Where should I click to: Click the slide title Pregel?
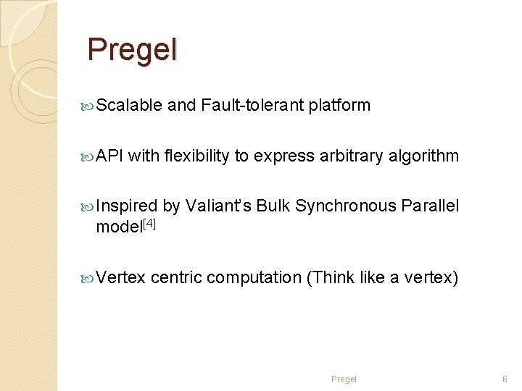(132, 50)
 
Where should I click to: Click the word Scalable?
(129, 106)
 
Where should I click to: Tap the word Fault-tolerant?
(252, 106)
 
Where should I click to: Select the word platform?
(339, 106)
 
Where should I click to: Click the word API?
(110, 156)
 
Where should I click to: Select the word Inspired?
(127, 206)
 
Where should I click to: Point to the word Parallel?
(431, 206)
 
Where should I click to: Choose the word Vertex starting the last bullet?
(121, 277)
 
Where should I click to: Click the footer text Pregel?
(344, 379)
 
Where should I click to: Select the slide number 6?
(505, 379)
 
